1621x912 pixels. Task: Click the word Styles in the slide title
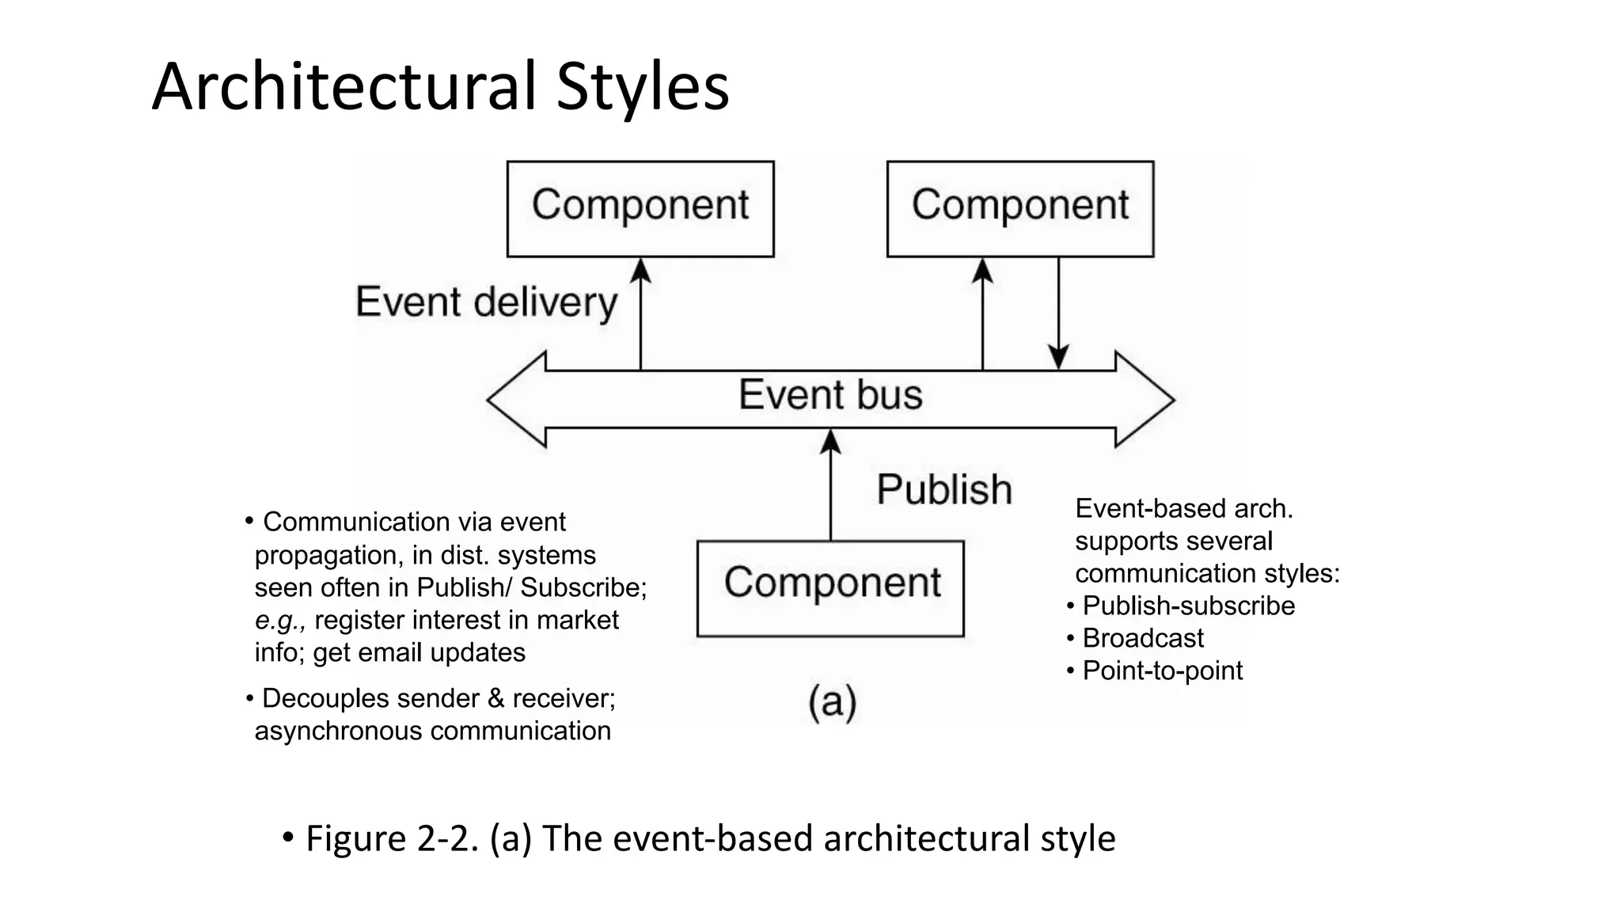(x=642, y=87)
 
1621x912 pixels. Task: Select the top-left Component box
(x=640, y=208)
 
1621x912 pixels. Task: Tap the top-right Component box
(x=1019, y=208)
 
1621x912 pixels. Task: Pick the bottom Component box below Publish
(x=830, y=587)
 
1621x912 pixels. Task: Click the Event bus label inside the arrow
(x=830, y=395)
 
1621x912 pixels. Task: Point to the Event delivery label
(x=486, y=302)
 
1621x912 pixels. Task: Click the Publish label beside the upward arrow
(x=944, y=489)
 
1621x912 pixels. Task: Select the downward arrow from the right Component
(x=1058, y=317)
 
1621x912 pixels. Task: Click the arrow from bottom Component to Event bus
(x=830, y=487)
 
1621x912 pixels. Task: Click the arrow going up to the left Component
(x=640, y=317)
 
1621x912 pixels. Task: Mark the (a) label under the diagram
(x=832, y=701)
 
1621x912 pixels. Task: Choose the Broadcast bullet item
(x=1142, y=638)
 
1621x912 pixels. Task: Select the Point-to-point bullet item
(x=1162, y=671)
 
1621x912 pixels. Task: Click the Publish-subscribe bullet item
(x=1188, y=606)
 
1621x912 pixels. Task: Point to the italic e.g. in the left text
(x=279, y=621)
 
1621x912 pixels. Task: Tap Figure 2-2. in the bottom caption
(x=392, y=838)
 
